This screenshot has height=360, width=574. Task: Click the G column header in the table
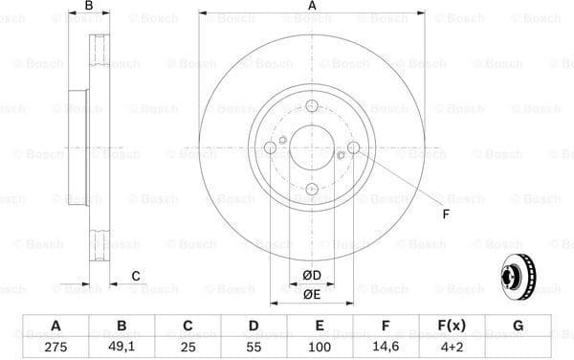point(518,326)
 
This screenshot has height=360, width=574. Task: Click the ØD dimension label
point(311,276)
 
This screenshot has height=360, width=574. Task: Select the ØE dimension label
point(311,294)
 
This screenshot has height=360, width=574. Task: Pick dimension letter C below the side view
point(135,276)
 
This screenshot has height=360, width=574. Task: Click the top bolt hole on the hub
point(312,106)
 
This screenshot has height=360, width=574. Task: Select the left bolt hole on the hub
point(270,147)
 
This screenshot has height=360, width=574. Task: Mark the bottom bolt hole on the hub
point(312,190)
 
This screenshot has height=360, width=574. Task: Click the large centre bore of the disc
point(312,147)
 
